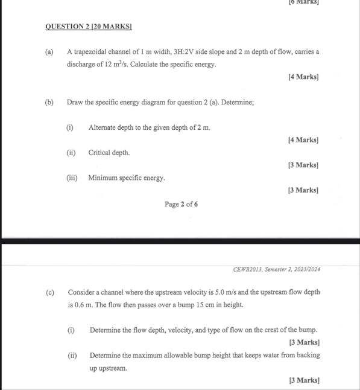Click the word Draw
pyautogui.click(x=76, y=103)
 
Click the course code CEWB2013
pyautogui.click(x=234, y=269)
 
